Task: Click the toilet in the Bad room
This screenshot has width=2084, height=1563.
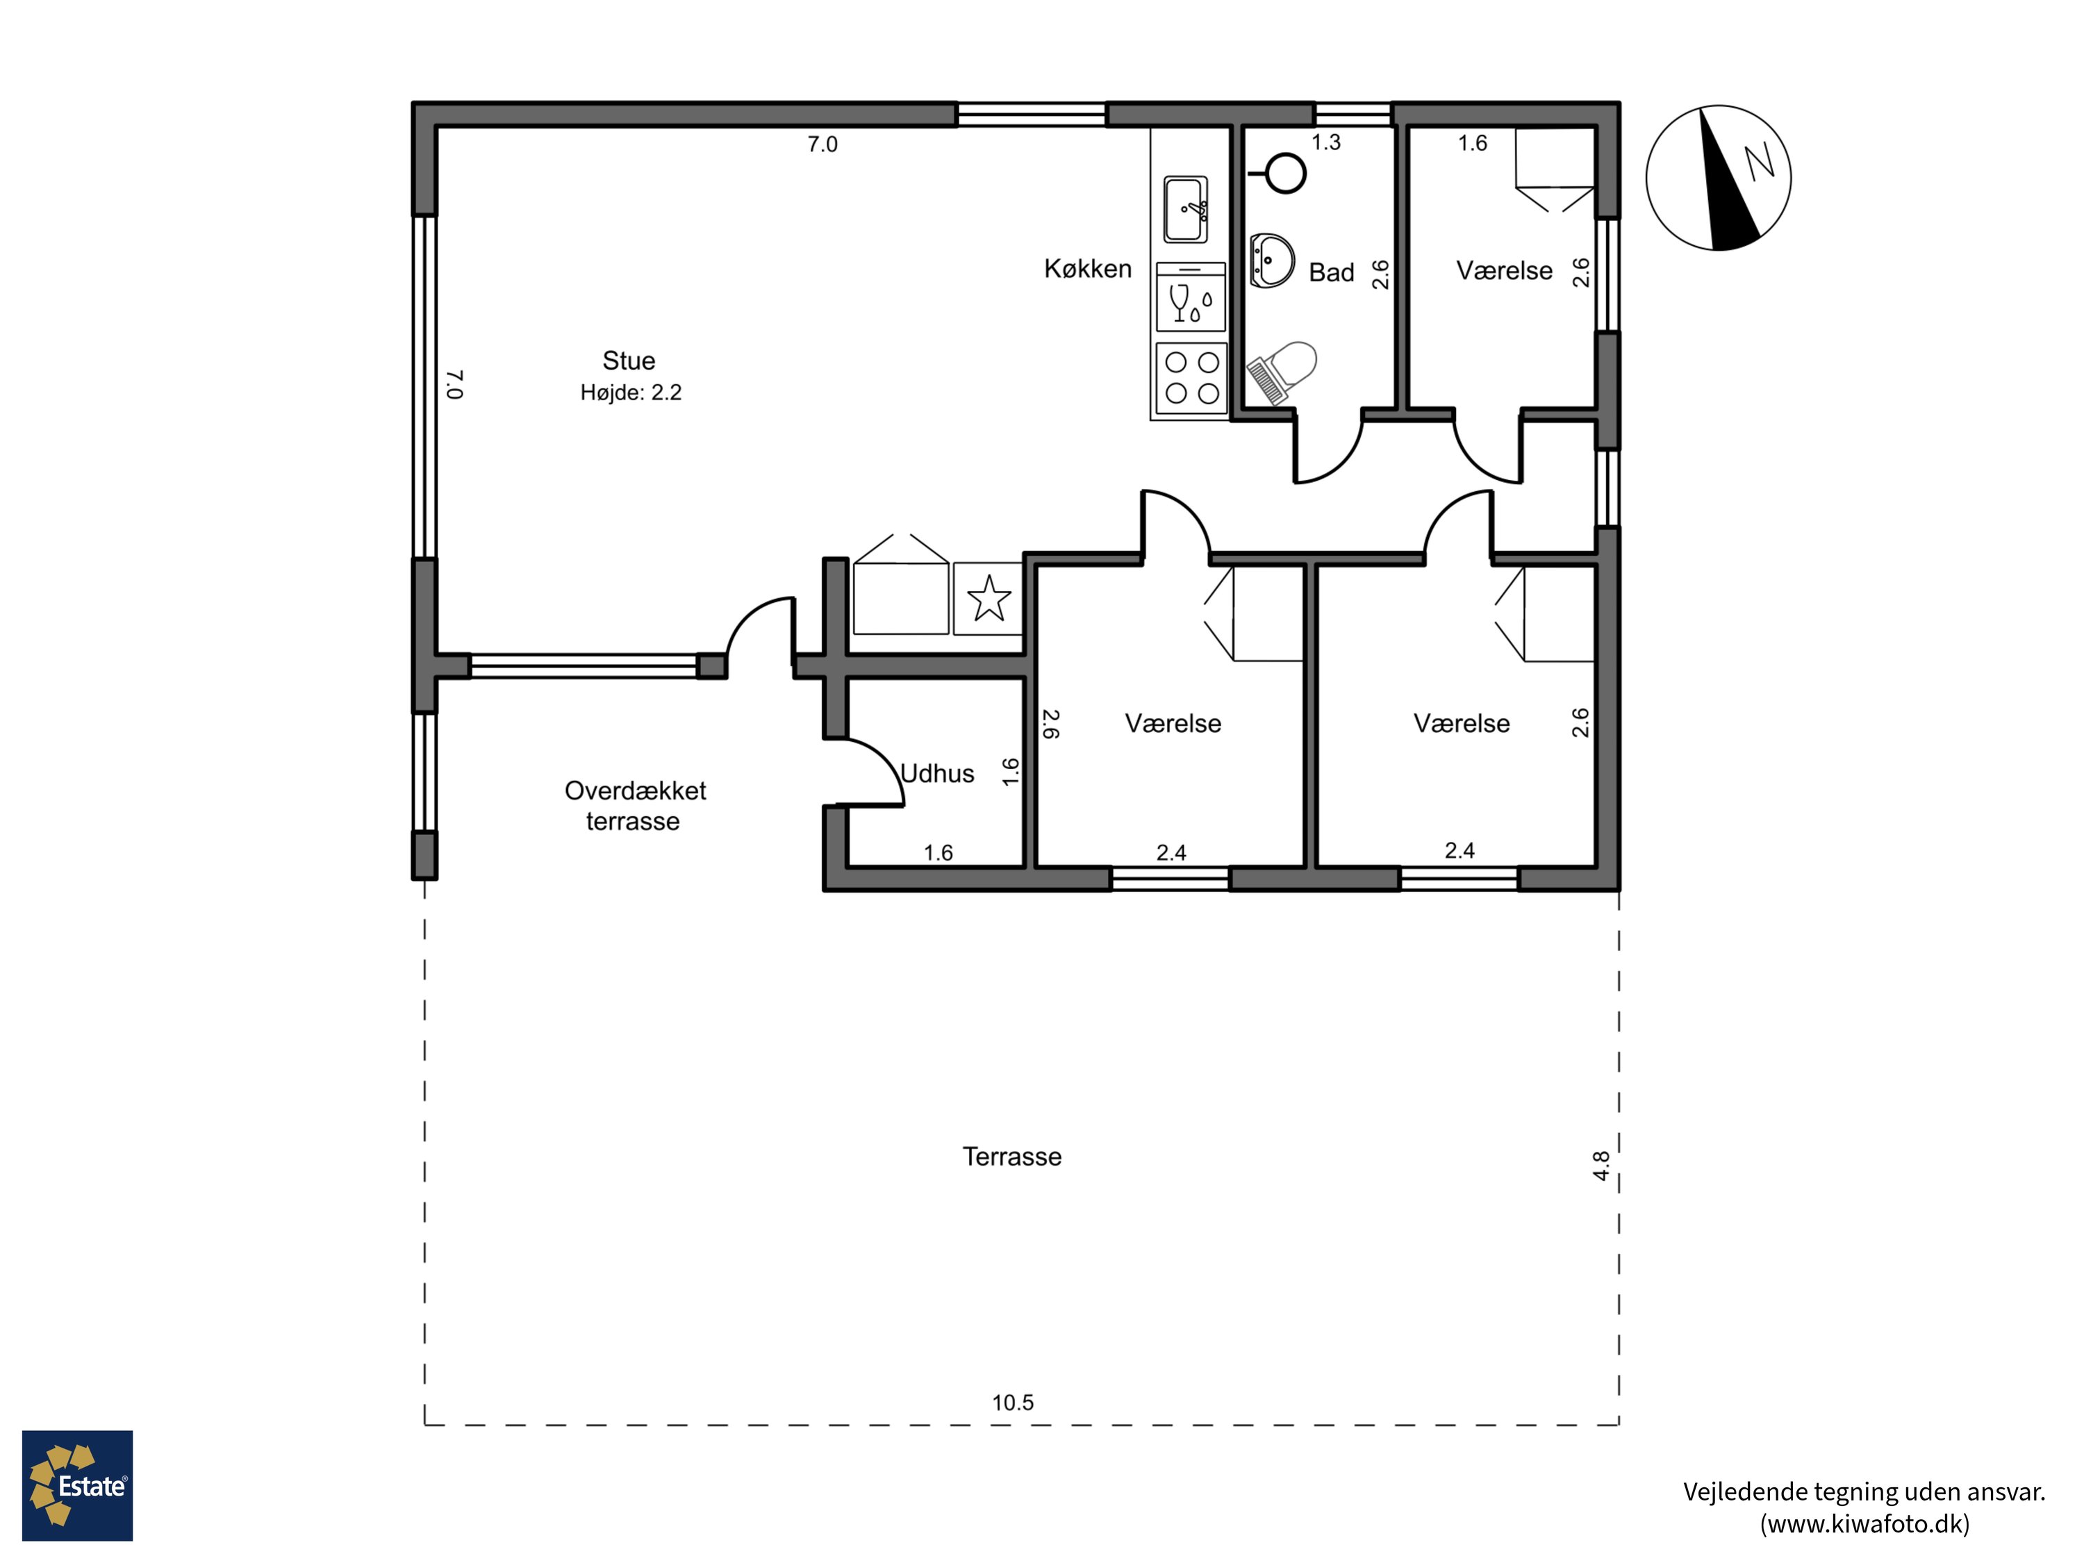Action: coord(1285,371)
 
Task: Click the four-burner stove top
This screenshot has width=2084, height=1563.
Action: coord(1192,378)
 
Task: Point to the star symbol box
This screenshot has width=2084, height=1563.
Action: coord(989,598)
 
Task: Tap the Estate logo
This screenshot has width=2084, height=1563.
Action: coord(77,1486)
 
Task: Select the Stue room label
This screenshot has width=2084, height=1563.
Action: coord(629,361)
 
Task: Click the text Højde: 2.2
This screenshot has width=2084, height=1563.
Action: coord(630,393)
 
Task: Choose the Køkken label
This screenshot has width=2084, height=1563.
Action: coord(1087,270)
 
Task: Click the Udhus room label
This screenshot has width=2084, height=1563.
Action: coord(937,773)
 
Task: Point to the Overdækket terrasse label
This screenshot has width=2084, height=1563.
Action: coord(634,806)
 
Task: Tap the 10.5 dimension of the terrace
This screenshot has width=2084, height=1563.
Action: coord(1013,1403)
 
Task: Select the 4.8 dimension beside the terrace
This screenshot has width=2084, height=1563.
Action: coord(1601,1166)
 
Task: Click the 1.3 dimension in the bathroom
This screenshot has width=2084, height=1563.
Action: coord(1325,142)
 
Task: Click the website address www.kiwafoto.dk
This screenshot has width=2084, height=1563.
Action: coord(1864,1524)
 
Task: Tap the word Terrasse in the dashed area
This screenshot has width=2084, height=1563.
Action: coord(1012,1157)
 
